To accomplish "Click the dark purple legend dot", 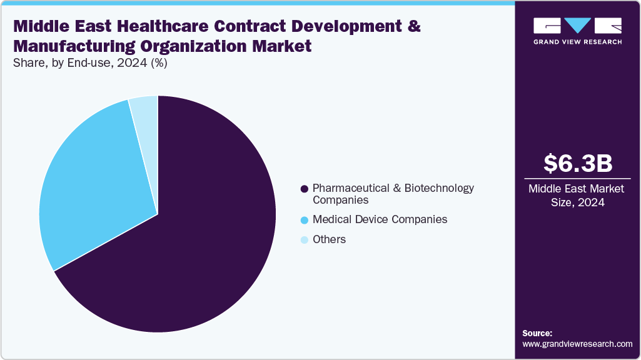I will coord(305,188).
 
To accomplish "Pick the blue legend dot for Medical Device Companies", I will coord(305,220).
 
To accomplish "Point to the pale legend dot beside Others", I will coord(305,240).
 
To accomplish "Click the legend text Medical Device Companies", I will coord(380,219).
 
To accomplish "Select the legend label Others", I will coord(329,239).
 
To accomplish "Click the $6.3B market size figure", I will coord(577,163).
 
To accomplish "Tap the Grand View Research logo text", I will coord(578,42).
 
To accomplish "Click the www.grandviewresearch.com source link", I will coord(577,344).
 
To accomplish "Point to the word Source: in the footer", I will coord(537,333).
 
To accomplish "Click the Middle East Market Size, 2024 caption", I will coord(577,195).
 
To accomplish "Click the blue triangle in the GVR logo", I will coord(577,26).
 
